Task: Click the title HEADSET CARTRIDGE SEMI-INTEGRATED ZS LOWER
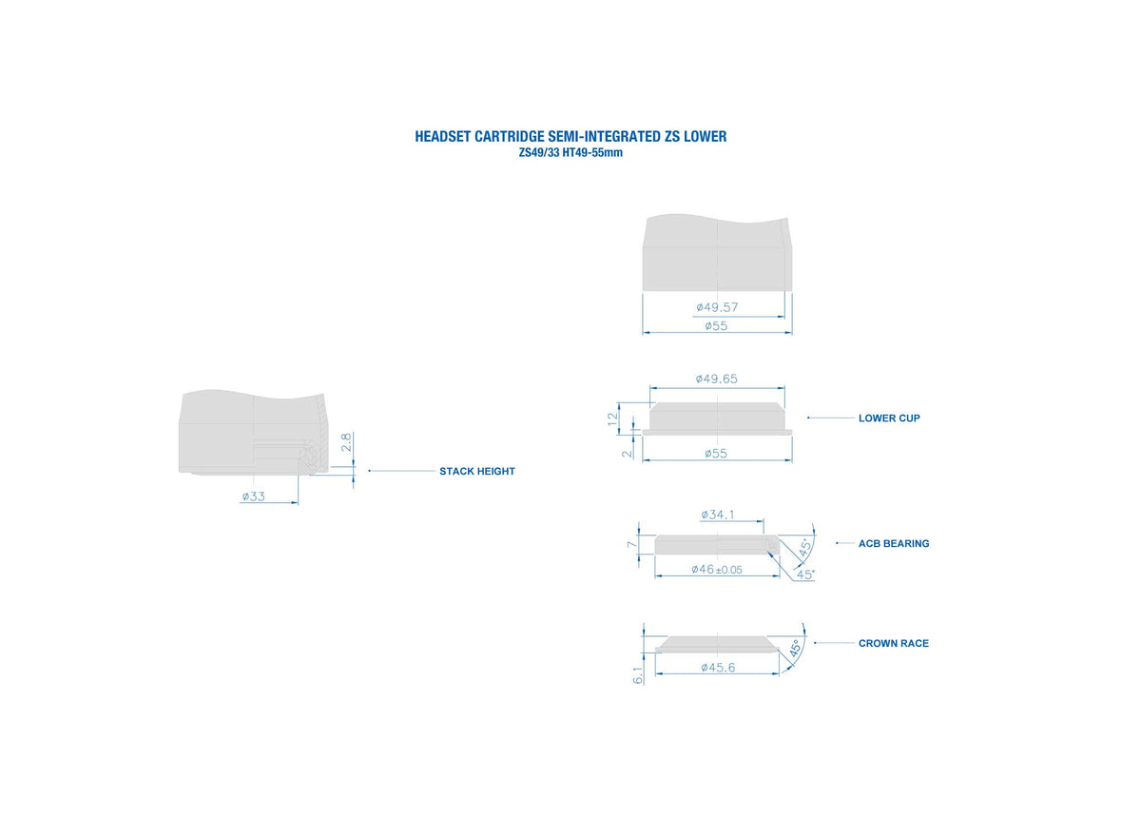pyautogui.click(x=570, y=137)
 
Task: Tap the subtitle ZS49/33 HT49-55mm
pyautogui.click(x=570, y=153)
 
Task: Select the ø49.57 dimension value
pyautogui.click(x=717, y=307)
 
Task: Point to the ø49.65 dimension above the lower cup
pyautogui.click(x=717, y=379)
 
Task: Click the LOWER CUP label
pyautogui.click(x=889, y=419)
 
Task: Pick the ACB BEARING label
pyautogui.click(x=894, y=544)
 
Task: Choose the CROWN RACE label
pyautogui.click(x=894, y=644)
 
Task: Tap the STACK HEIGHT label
pyautogui.click(x=477, y=472)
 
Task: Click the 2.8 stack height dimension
pyautogui.click(x=346, y=442)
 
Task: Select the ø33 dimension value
pyautogui.click(x=254, y=497)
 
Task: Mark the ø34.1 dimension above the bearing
pyautogui.click(x=718, y=515)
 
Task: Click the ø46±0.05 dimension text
pyautogui.click(x=717, y=570)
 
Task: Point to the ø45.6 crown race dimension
pyautogui.click(x=718, y=668)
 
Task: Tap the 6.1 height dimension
pyautogui.click(x=638, y=675)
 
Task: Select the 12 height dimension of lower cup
pyautogui.click(x=612, y=419)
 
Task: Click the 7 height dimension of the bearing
pyautogui.click(x=631, y=545)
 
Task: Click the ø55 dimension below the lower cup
pyautogui.click(x=716, y=454)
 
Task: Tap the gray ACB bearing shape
pyautogui.click(x=717, y=544)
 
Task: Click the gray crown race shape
pyautogui.click(x=717, y=644)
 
